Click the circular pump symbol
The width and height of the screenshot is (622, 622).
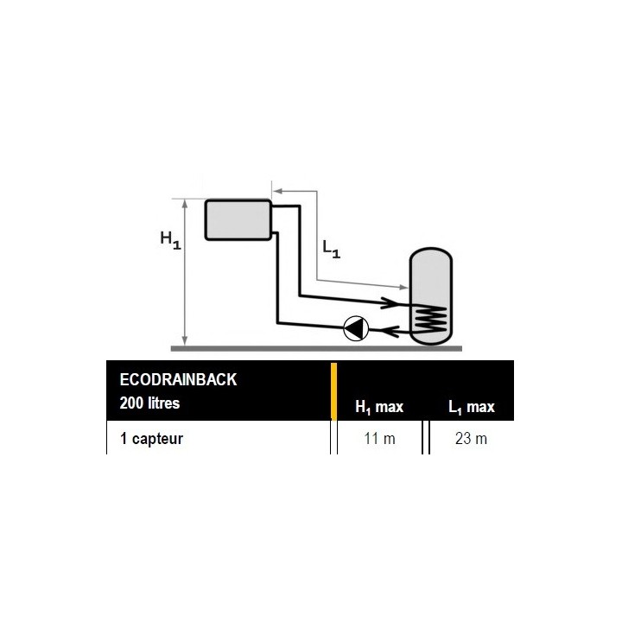coord(356,328)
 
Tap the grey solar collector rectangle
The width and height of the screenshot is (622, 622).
coord(238,219)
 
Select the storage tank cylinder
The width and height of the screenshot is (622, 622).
coord(431,296)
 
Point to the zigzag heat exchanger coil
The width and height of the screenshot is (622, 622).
coord(430,319)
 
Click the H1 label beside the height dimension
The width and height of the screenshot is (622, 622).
coord(170,240)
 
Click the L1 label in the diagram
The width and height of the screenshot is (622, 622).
coord(331,249)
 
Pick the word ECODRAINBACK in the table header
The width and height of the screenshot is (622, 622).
coord(178,379)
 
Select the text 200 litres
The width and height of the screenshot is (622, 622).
coord(149,403)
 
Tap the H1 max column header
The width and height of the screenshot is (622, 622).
coord(379,408)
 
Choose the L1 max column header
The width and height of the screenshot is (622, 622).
coord(472,408)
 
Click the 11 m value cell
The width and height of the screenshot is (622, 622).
coord(379,439)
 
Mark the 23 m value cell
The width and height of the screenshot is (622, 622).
coord(472,439)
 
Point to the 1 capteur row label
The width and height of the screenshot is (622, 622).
coord(151,439)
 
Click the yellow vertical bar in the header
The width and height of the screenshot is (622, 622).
coord(334,391)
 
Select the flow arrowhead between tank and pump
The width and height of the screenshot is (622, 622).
coord(390,331)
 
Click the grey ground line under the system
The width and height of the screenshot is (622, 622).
coord(316,349)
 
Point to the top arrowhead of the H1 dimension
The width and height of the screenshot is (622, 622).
coord(185,204)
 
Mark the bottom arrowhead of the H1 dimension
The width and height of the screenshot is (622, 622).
coord(185,340)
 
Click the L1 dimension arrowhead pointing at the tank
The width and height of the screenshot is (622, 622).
coord(403,287)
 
